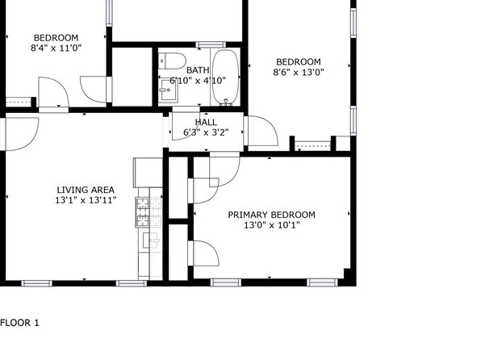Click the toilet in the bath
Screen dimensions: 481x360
click(173, 61)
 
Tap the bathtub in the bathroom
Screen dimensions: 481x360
click(226, 77)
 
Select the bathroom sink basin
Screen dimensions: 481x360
click(168, 90)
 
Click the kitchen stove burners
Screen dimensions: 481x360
click(143, 212)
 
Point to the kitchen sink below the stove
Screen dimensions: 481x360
click(151, 241)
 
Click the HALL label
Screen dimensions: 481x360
click(206, 122)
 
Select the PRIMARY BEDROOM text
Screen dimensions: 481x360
click(271, 215)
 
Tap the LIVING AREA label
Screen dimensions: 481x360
click(86, 190)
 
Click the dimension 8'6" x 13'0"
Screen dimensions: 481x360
click(299, 73)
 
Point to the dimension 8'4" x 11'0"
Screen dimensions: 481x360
click(56, 48)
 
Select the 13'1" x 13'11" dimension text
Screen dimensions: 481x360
click(86, 200)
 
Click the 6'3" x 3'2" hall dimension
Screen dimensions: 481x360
click(206, 132)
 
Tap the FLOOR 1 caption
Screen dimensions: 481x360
click(19, 323)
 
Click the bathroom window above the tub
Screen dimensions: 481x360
click(211, 45)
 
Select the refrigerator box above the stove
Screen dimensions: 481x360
click(148, 173)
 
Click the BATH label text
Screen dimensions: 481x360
click(198, 70)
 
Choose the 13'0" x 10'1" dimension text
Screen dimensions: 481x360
click(271, 225)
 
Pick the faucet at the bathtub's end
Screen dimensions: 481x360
click(226, 102)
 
